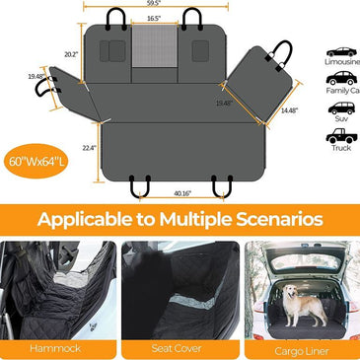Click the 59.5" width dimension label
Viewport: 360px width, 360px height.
(151, 5)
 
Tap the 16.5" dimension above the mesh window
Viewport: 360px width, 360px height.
(152, 19)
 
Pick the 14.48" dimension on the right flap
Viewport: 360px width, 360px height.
(289, 110)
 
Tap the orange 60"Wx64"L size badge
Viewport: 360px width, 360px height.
(36, 154)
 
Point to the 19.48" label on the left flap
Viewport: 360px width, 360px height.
(36, 75)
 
